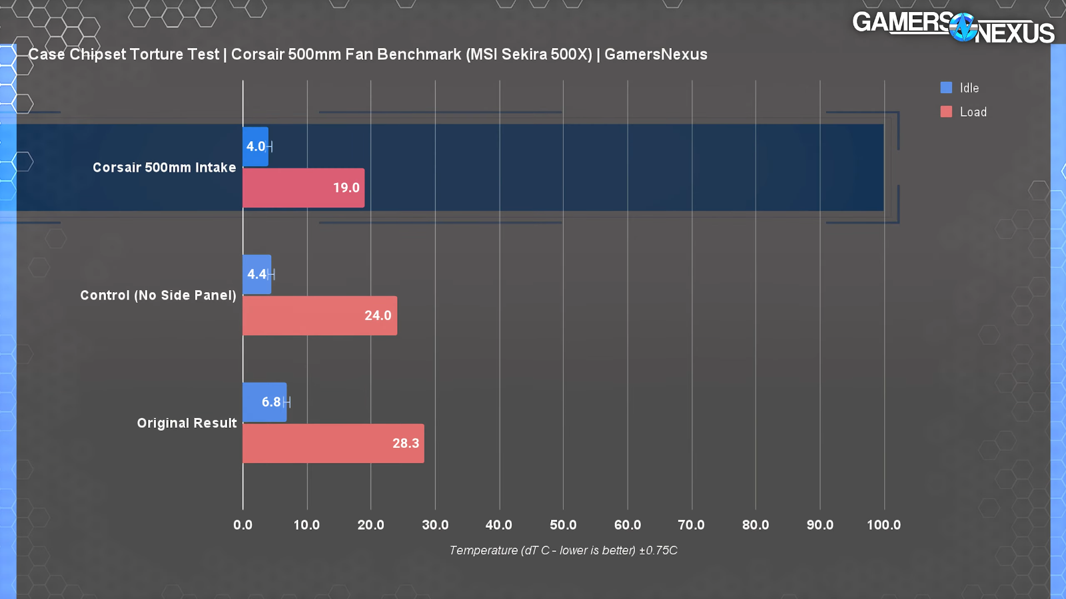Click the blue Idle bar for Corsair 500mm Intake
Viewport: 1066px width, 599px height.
pos(255,146)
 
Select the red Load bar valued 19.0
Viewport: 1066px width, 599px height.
pos(303,188)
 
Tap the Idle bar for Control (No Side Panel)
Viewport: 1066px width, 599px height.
pos(257,274)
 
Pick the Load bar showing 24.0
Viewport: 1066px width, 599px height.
pos(319,315)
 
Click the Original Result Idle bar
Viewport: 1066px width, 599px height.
pos(265,402)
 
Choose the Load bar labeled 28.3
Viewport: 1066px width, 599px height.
pos(333,443)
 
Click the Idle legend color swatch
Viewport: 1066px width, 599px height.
pos(946,87)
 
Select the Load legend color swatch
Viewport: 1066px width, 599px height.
pos(946,112)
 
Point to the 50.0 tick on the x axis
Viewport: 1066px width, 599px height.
pos(563,524)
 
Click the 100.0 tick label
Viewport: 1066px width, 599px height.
pos(883,524)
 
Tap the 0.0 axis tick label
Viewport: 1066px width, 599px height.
pos(243,524)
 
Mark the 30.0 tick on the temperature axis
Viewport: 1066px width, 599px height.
pos(435,524)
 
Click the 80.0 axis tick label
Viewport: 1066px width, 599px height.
pos(756,524)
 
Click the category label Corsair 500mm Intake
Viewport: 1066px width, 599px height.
pos(164,168)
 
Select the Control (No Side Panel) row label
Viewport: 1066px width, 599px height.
pos(158,296)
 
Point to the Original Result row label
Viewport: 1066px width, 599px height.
pos(187,423)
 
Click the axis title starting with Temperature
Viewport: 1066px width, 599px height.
pos(563,550)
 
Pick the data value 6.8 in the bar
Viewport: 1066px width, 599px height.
pos(270,402)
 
